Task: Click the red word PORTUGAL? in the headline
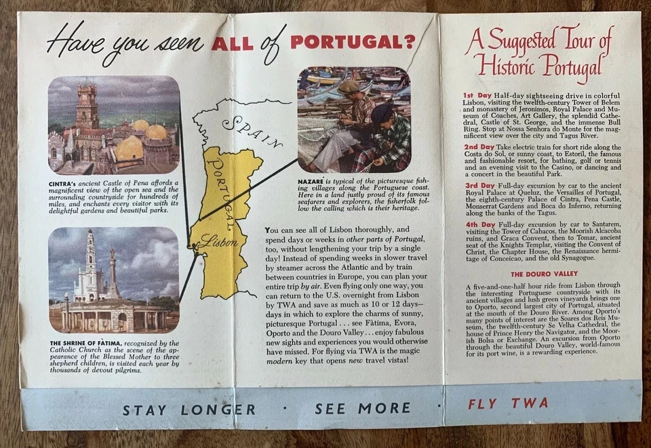352,42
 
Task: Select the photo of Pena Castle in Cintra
113,125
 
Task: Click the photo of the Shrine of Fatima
113,279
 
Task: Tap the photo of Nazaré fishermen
353,119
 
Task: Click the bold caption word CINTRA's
64,183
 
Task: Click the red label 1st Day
478,95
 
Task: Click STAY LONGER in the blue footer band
189,409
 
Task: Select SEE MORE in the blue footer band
362,408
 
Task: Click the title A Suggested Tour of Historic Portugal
540,52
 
